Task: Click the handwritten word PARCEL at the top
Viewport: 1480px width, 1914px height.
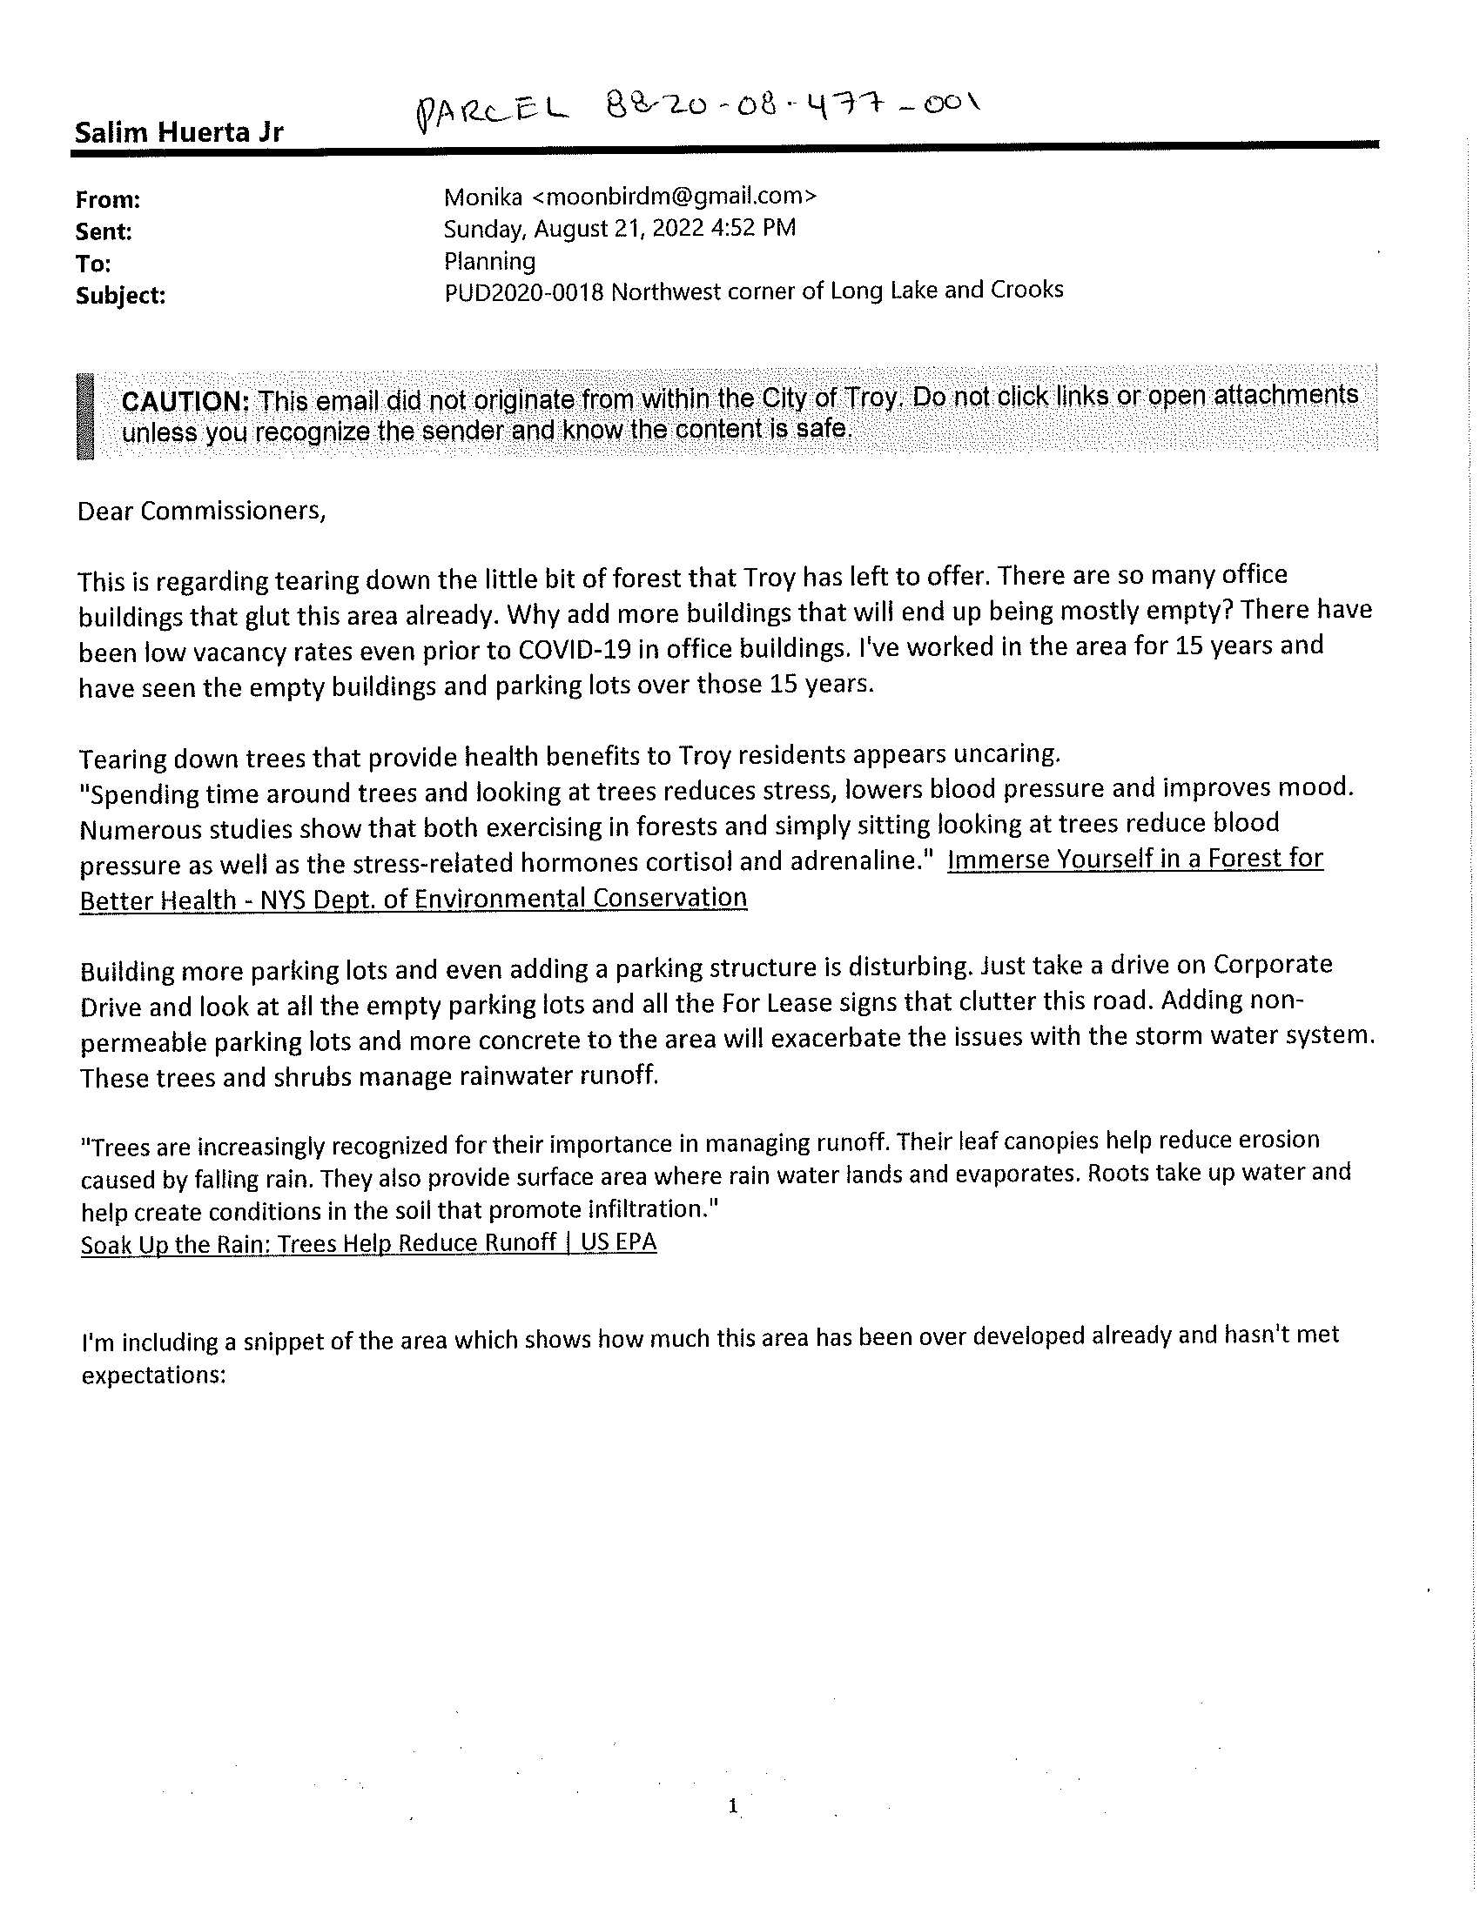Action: pos(491,115)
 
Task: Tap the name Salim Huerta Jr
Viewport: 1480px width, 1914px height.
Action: pos(178,133)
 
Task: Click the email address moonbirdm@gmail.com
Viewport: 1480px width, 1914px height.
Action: pos(674,197)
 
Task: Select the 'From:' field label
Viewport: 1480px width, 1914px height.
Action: pos(108,200)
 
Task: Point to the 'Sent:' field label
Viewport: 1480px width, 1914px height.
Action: pos(104,232)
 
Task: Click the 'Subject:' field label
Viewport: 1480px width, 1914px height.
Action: pos(120,296)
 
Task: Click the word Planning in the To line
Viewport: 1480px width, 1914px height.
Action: pos(489,261)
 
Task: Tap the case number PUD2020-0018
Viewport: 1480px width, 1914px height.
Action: pos(523,292)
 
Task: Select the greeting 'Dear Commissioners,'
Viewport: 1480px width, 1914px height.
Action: pos(202,511)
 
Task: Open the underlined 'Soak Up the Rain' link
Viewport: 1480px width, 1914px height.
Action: pos(368,1243)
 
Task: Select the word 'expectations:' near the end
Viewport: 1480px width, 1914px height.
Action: pos(153,1375)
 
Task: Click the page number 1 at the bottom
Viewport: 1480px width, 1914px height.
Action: pos(733,1806)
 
